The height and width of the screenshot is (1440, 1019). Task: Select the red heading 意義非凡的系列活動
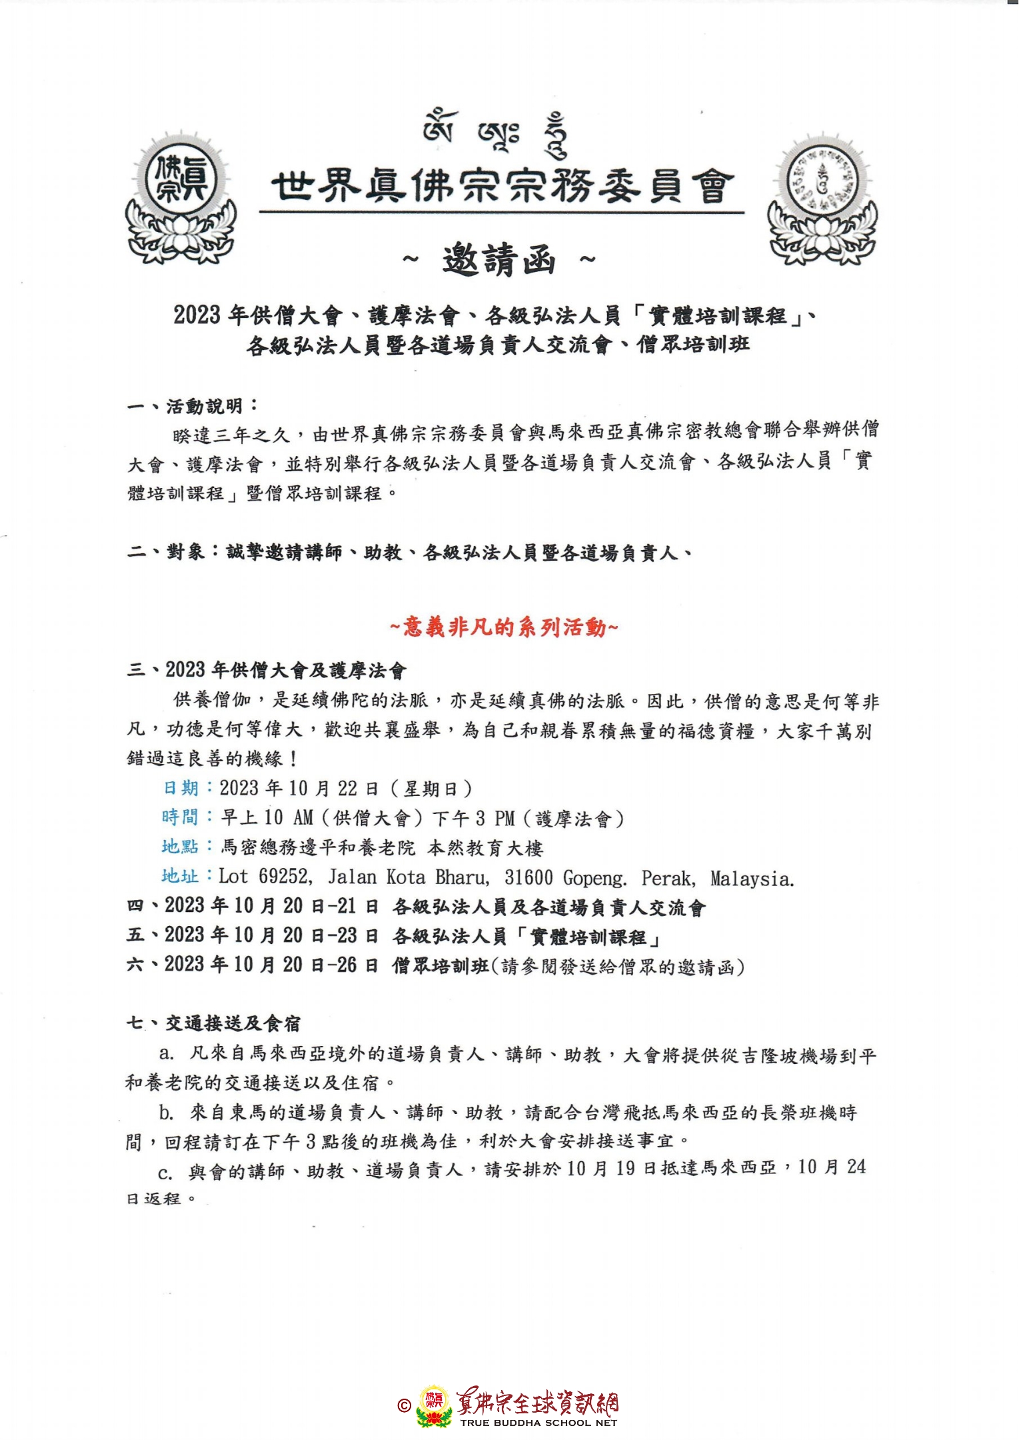point(504,627)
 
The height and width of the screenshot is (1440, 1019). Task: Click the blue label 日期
point(181,788)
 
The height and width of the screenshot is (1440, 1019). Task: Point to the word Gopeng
point(594,878)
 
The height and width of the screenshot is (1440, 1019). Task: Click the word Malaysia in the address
point(752,879)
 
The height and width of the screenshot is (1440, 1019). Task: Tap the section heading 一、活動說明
point(193,406)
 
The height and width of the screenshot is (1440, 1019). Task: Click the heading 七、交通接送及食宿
point(214,1023)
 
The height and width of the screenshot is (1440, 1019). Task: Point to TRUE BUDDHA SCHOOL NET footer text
point(538,1423)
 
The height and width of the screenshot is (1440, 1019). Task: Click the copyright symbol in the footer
point(404,1405)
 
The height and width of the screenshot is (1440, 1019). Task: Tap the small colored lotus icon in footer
point(434,1407)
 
